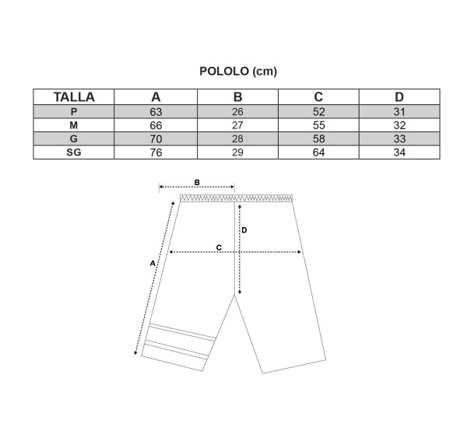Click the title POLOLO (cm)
click(x=238, y=72)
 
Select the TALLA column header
click(x=74, y=97)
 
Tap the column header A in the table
click(x=156, y=97)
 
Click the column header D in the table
click(x=399, y=97)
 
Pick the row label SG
click(x=74, y=152)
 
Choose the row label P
click(x=74, y=111)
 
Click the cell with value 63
click(x=156, y=112)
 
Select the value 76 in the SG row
click(x=156, y=152)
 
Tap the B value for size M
click(x=237, y=125)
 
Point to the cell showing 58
click(x=318, y=138)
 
